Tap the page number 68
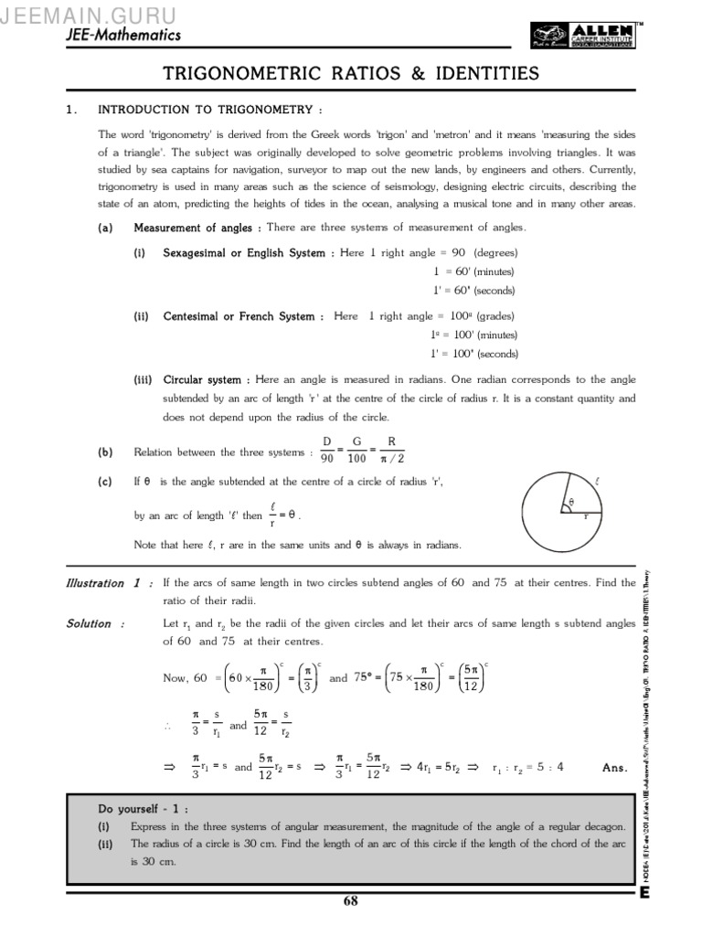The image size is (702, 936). (351, 901)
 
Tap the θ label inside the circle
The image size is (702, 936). (570, 502)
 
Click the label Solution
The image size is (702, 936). (89, 623)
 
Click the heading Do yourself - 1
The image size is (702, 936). (144, 809)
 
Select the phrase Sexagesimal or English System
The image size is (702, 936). (244, 253)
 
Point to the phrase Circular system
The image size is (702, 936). (202, 379)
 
